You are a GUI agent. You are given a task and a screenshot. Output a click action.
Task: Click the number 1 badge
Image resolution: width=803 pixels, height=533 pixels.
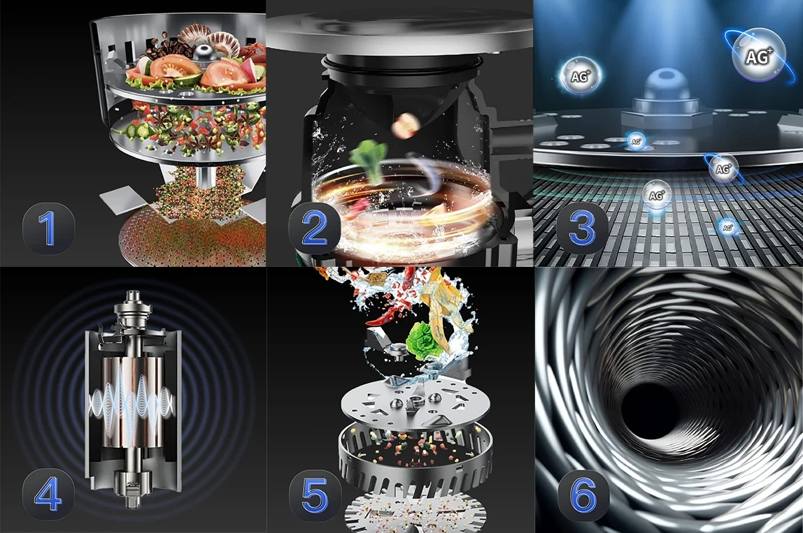pyautogui.click(x=49, y=228)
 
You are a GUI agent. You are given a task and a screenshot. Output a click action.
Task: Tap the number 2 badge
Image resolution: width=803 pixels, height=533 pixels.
pyautogui.click(x=315, y=228)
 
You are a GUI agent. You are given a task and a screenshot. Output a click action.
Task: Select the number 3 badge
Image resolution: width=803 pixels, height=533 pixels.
pyautogui.click(x=582, y=228)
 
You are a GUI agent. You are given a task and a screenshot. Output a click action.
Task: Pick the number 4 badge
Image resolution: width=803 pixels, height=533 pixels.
pyautogui.click(x=49, y=495)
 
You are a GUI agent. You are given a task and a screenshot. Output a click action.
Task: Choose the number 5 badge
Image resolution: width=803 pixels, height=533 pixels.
pyautogui.click(x=315, y=495)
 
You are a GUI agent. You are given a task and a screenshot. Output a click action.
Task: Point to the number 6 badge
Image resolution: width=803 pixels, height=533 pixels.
pyautogui.click(x=583, y=495)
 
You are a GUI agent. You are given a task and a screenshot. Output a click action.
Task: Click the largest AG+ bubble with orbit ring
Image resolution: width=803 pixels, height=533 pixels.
pyautogui.click(x=756, y=54)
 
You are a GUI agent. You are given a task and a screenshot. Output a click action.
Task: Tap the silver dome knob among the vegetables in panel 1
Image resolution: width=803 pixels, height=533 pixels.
pyautogui.click(x=204, y=53)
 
